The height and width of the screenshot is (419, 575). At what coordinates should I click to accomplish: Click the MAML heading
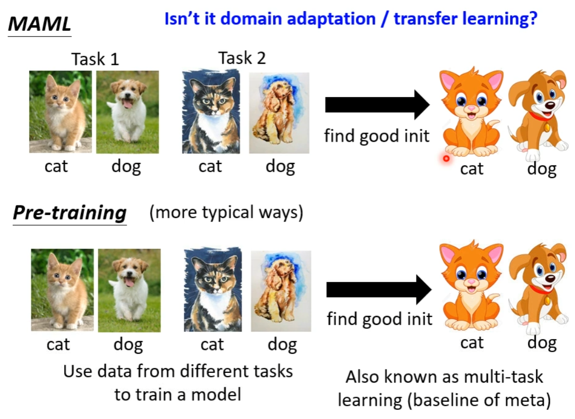click(39, 24)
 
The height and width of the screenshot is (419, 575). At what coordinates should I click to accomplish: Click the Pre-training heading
click(70, 212)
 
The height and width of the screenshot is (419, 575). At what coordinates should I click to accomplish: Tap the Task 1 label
click(95, 59)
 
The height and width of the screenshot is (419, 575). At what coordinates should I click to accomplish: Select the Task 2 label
click(242, 58)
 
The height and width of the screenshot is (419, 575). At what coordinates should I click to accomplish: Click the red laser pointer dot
click(446, 158)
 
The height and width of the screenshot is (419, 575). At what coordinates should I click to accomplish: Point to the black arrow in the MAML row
click(378, 105)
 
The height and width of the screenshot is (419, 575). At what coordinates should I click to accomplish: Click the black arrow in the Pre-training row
click(379, 289)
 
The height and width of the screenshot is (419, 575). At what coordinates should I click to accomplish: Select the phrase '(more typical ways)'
click(226, 212)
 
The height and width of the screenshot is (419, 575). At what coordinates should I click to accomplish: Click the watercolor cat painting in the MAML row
click(211, 111)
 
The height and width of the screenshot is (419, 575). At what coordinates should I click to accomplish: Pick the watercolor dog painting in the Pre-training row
click(281, 291)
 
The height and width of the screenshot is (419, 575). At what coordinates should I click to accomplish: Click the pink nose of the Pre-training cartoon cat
click(471, 281)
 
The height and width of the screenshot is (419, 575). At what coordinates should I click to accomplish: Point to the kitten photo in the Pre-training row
click(62, 290)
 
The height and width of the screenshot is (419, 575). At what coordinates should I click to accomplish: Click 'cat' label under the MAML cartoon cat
click(472, 169)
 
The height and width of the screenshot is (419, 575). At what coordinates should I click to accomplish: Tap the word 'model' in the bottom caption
click(216, 395)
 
